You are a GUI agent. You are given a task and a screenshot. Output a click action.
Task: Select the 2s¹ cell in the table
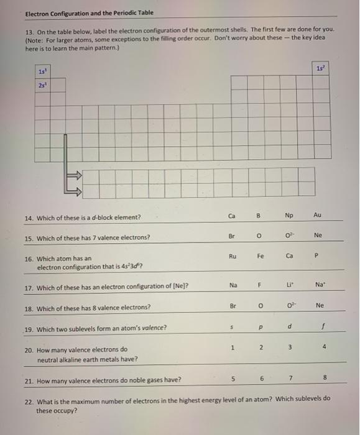point(42,85)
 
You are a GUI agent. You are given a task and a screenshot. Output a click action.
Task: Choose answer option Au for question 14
point(318,216)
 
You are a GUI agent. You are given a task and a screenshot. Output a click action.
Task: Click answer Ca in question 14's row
point(232,216)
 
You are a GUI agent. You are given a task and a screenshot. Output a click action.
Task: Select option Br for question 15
point(232,236)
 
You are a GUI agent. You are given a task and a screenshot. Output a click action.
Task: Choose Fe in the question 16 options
point(261,255)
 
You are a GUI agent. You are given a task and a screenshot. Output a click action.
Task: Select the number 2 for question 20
point(261,347)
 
